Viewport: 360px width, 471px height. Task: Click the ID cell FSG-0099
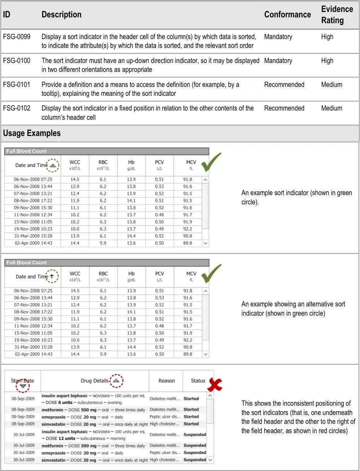[17, 37]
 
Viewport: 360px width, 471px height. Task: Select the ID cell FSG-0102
[17, 108]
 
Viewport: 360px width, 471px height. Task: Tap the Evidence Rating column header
[337, 15]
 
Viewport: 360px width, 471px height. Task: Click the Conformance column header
[287, 15]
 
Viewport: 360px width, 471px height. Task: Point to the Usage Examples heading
[32, 133]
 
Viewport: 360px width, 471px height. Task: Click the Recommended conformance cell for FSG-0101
[284, 85]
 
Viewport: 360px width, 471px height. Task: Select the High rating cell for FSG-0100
[327, 61]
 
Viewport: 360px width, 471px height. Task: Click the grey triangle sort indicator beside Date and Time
[53, 165]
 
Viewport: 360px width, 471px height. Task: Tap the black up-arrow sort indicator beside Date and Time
[52, 277]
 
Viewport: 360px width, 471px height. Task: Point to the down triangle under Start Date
[23, 386]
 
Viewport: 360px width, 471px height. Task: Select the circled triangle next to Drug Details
[116, 381]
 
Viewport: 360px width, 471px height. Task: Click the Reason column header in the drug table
[166, 381]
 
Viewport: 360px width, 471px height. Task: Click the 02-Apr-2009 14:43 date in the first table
[33, 243]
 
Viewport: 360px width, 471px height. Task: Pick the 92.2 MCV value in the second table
[188, 340]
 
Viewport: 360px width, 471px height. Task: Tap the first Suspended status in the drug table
[195, 435]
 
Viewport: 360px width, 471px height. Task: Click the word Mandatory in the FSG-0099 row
[278, 37]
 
